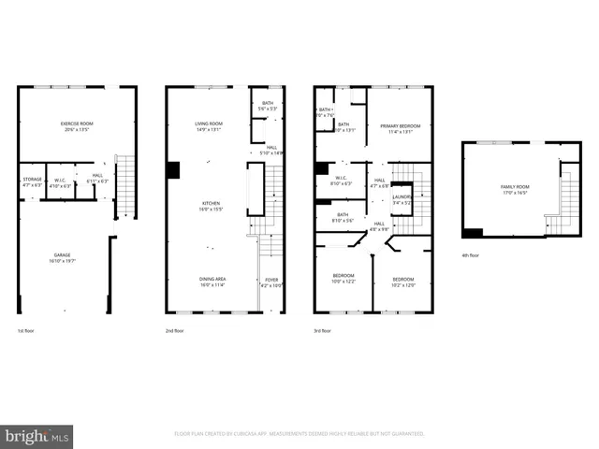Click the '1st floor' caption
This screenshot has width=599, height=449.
tap(28, 331)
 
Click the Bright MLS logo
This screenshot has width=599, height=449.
tap(37, 436)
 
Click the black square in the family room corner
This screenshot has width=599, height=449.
tap(473, 233)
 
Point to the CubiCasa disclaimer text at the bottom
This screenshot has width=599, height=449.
tap(299, 434)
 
